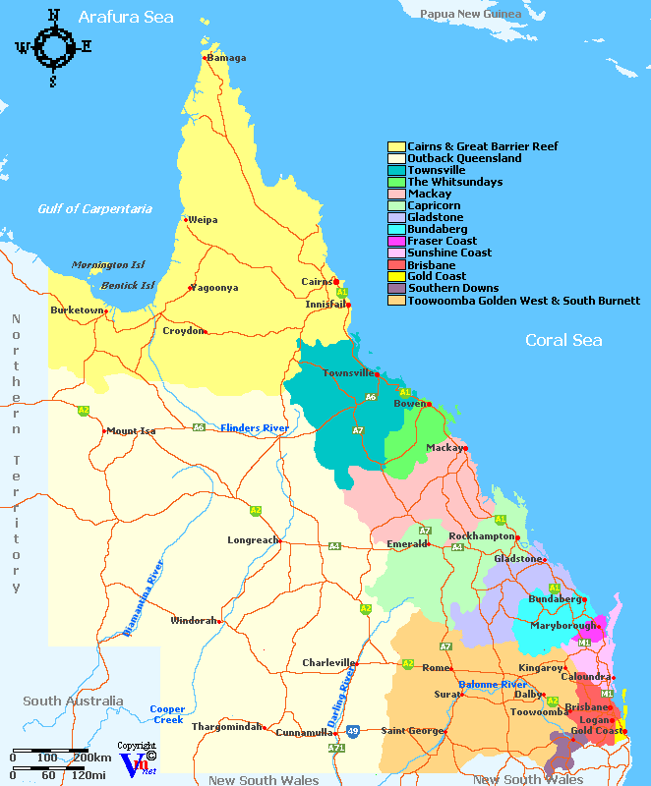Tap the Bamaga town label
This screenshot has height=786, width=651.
coord(226,58)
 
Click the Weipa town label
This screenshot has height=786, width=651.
coord(203,220)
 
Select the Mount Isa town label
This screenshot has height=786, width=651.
coord(131,431)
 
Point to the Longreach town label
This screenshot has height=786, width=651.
coord(252,540)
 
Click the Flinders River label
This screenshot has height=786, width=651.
coord(255,427)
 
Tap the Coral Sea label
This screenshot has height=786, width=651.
coord(563,340)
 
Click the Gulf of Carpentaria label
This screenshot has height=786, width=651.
coord(95,208)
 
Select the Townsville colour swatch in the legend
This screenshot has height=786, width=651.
coord(396,170)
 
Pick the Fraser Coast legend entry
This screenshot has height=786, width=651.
coord(442,241)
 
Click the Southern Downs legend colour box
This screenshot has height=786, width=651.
coord(396,288)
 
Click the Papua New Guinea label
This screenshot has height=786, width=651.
coord(471,14)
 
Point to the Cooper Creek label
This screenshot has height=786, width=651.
coord(167,714)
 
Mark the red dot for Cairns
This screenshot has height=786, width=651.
coord(336,282)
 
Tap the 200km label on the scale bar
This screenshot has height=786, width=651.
coord(91,758)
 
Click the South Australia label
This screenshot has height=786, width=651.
coord(74,702)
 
